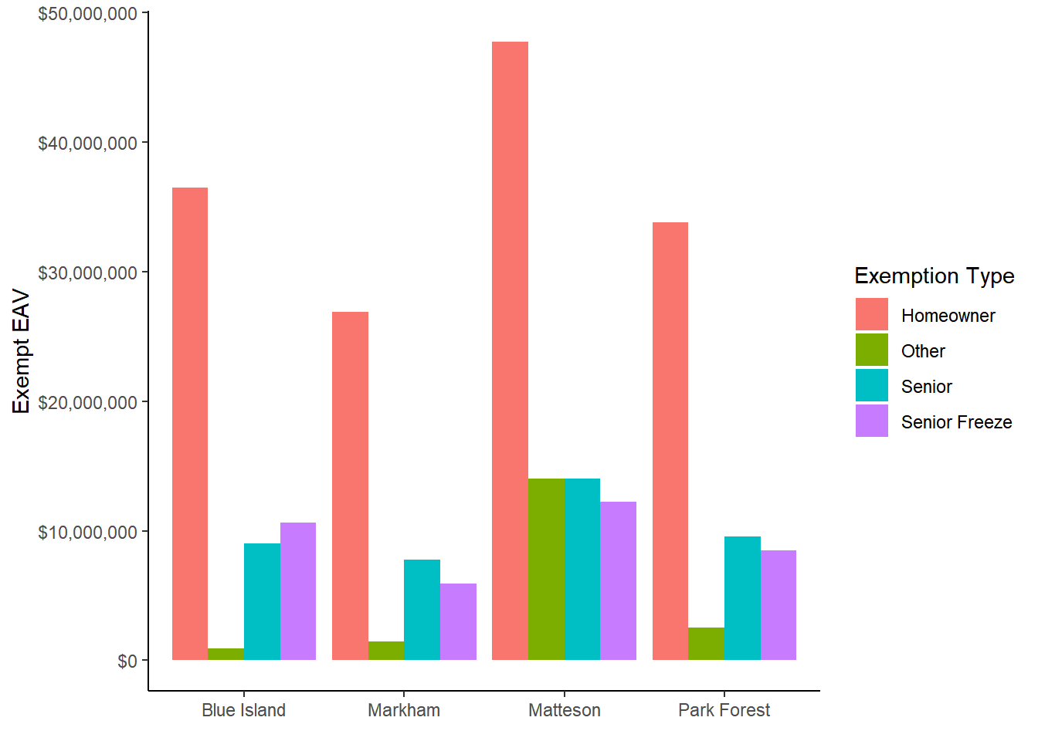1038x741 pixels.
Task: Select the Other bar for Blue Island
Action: pos(226,655)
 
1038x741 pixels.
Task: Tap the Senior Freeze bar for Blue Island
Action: pos(298,591)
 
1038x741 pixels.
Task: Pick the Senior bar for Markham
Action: pos(422,610)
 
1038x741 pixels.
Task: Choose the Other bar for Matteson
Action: pos(546,570)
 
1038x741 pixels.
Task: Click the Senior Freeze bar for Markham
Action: pos(458,622)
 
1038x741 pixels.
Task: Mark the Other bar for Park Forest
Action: pos(706,644)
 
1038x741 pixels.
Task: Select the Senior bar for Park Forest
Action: pos(742,598)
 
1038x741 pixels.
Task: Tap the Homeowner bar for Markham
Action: pos(350,486)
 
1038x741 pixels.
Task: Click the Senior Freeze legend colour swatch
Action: pos(871,421)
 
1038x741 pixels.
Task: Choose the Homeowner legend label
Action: pos(948,316)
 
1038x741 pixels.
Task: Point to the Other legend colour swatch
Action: pos(871,350)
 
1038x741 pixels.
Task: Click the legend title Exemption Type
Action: pos(934,276)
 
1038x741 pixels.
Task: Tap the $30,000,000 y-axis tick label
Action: pos(87,272)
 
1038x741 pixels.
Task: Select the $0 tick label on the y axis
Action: pos(127,661)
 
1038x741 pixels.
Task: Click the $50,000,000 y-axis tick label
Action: pos(87,14)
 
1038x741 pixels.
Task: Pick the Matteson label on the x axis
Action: pos(564,710)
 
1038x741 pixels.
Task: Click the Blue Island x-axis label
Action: pos(243,710)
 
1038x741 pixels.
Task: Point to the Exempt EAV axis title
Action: pos(22,351)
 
